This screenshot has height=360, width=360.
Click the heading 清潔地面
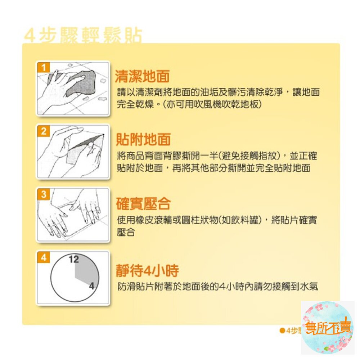coord(142,76)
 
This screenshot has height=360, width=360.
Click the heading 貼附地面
coord(143,140)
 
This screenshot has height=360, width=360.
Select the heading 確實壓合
coord(143,204)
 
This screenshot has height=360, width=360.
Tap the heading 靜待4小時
coord(147,271)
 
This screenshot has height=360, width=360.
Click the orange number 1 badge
coord(44,67)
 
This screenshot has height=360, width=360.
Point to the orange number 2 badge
coord(44,131)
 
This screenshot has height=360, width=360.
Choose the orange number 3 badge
coord(44,195)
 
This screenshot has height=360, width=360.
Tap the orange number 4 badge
coord(44,258)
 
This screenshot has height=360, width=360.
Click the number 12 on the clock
coord(74,259)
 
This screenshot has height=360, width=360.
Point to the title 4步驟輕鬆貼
coord(83,36)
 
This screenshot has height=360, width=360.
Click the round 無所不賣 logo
coord(327,328)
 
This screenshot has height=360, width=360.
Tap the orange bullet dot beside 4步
coord(283,330)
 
